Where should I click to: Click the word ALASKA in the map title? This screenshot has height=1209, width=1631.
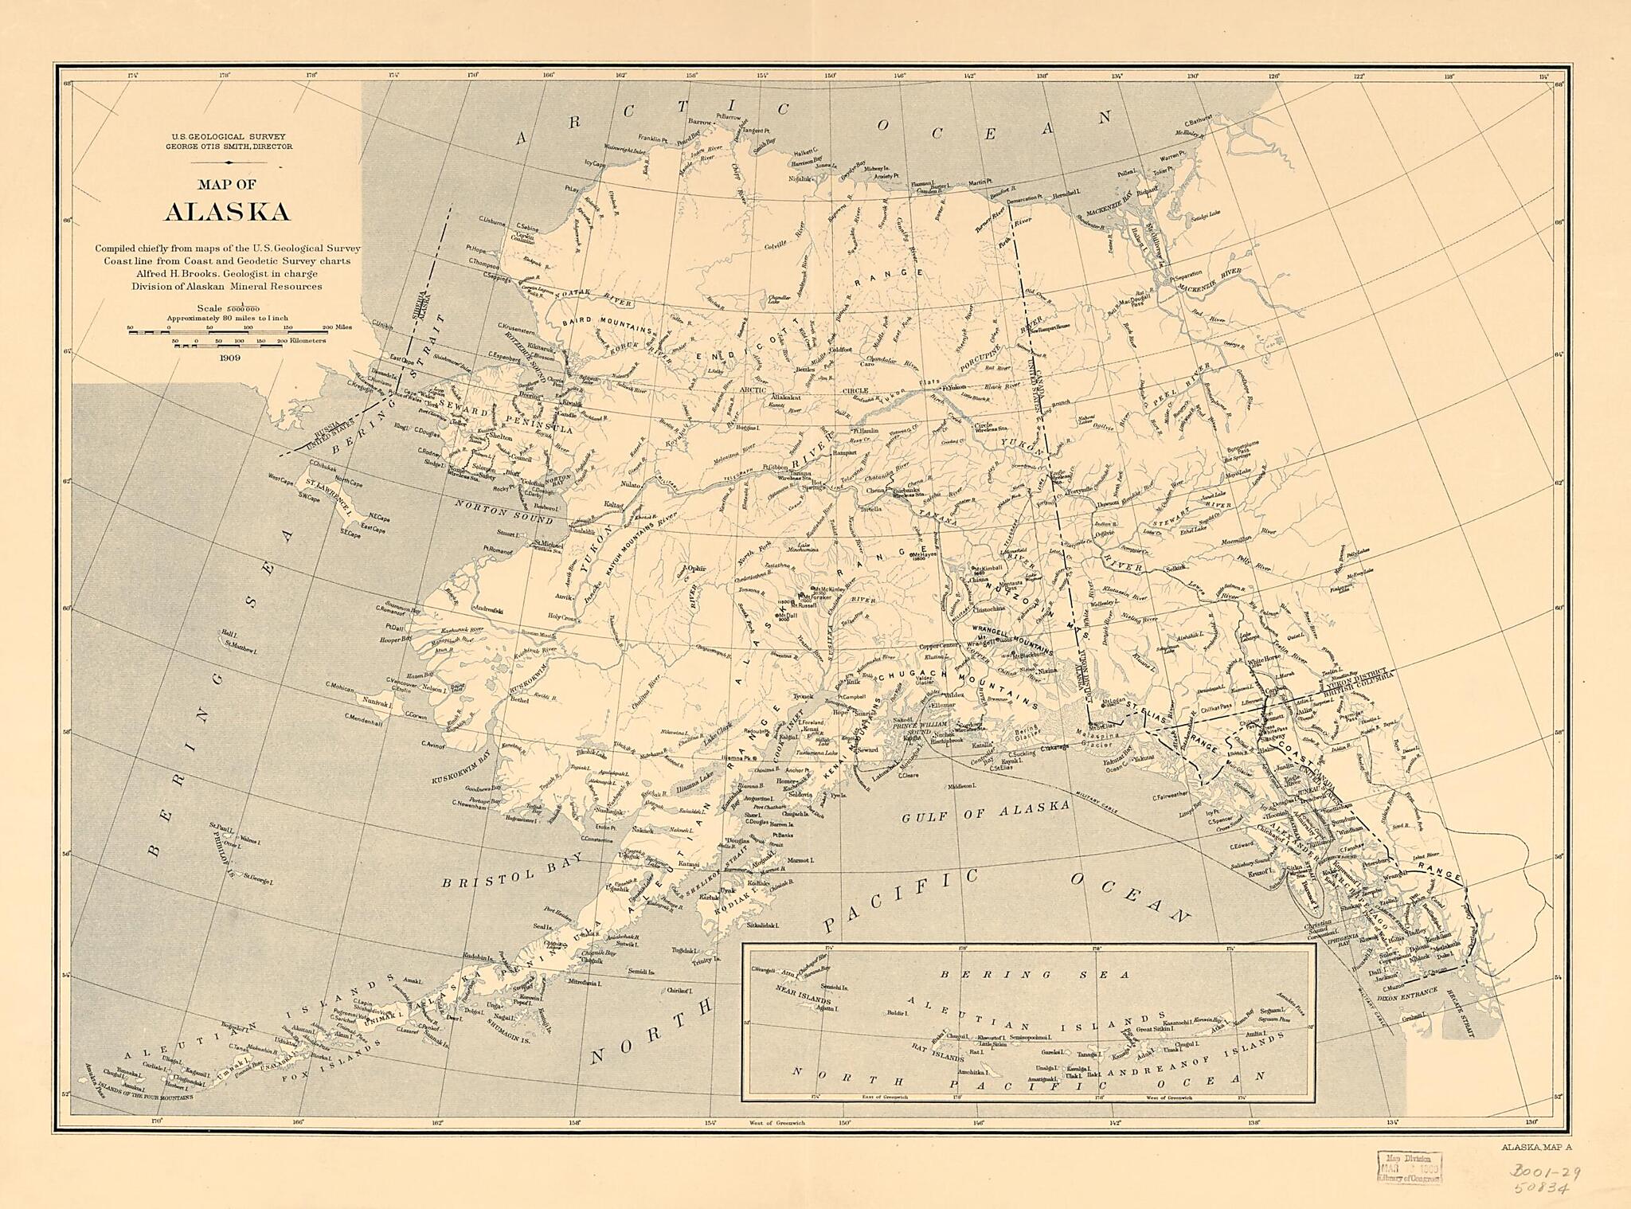[227, 212]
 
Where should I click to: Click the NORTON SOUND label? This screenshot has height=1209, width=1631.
[503, 512]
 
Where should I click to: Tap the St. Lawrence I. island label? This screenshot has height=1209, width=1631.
[325, 495]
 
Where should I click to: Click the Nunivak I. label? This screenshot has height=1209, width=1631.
[374, 702]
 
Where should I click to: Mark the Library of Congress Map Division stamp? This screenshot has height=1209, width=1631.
[1408, 1169]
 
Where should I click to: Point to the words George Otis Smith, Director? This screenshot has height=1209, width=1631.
[229, 147]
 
